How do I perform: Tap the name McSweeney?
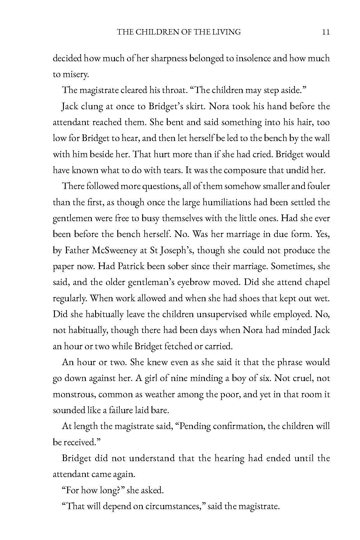(x=115, y=250)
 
